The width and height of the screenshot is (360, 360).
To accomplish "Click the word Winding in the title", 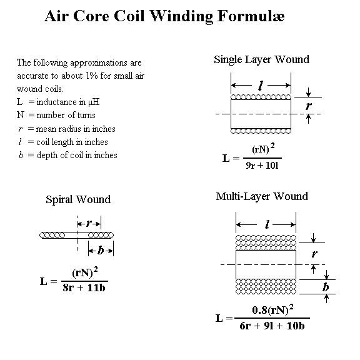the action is [181, 16].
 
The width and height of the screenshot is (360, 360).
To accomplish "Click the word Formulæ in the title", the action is [251, 16].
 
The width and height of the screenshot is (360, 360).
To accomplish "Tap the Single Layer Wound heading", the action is [261, 60].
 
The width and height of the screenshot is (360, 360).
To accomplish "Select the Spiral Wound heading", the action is [78, 199].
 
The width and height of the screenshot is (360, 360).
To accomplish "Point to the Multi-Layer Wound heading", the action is [262, 197].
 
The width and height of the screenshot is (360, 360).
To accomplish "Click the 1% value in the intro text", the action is [92, 76].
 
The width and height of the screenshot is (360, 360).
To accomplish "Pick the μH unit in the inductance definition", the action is [94, 102].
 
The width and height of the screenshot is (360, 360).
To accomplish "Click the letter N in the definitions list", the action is [20, 115].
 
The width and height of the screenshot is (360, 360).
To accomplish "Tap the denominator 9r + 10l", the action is [262, 166].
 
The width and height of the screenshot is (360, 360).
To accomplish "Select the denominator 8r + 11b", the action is [84, 287].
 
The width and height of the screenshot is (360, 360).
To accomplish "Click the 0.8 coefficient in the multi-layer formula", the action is [259, 310].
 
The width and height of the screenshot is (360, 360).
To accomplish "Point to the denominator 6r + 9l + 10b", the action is [272, 326].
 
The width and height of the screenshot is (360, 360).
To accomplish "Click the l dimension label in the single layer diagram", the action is [260, 86].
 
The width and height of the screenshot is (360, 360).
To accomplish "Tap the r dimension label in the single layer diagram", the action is [309, 106].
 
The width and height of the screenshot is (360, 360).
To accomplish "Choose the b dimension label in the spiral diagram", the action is [101, 250].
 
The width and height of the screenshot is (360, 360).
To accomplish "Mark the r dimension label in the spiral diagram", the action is [89, 223].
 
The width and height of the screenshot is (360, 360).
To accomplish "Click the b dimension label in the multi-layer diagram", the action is [326, 287].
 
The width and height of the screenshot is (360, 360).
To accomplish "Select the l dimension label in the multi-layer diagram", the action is [267, 224].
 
